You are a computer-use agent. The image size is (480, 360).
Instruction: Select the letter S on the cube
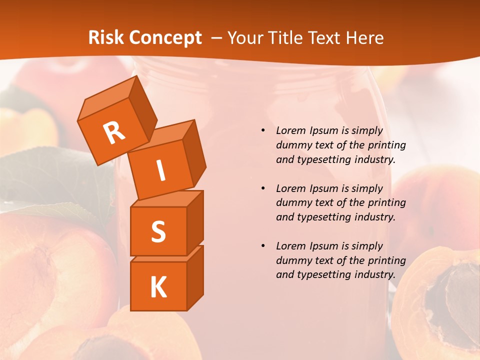(x=158, y=231)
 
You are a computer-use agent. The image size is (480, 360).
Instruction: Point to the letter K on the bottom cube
(x=158, y=287)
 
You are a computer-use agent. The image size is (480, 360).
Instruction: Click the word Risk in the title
(x=106, y=38)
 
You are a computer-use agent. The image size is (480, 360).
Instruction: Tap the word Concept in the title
(x=165, y=38)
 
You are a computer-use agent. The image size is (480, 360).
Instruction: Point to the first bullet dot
(x=263, y=131)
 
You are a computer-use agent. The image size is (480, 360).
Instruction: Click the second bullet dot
(x=263, y=188)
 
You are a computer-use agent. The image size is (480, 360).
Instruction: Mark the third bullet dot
(x=263, y=246)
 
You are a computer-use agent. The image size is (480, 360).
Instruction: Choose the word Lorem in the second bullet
(x=290, y=188)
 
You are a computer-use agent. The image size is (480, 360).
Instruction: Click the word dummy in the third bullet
(x=293, y=260)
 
